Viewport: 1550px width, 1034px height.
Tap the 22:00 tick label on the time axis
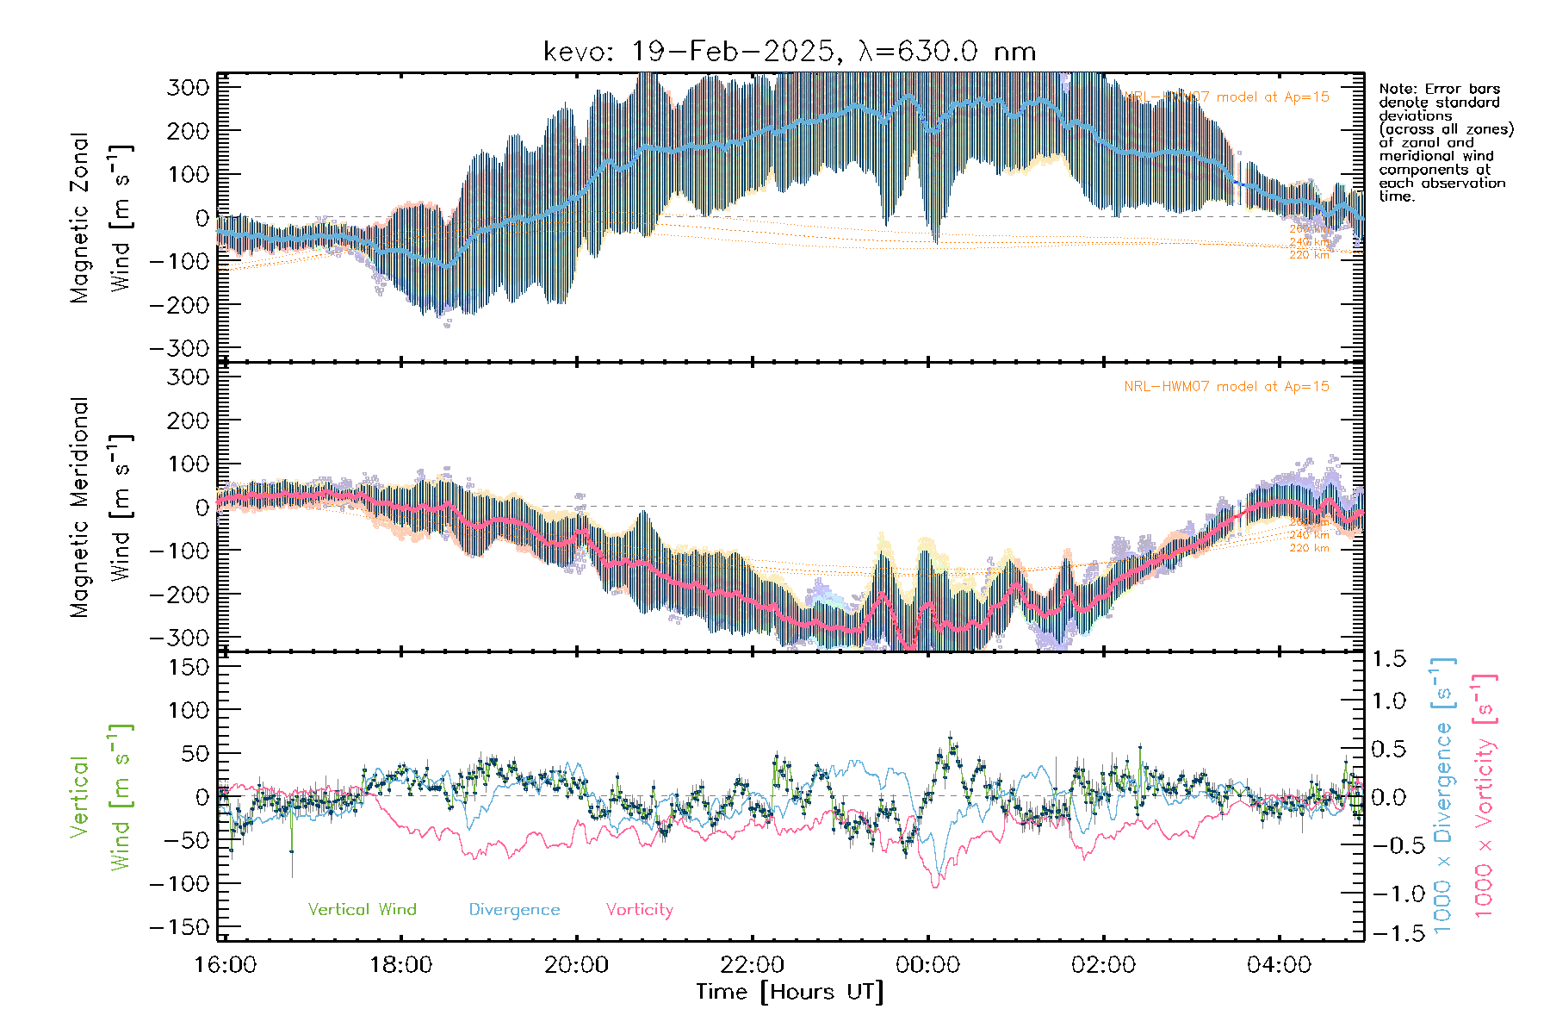753,965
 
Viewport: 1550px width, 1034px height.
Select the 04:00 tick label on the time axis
1279,965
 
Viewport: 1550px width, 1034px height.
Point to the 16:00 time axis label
226,965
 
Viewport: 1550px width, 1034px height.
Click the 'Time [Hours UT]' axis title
790,992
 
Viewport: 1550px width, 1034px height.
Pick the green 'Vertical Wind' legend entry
362,909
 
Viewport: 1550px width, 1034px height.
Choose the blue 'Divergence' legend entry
514,909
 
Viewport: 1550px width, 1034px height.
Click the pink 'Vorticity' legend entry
639,909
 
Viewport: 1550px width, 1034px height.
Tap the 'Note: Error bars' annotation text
1440,89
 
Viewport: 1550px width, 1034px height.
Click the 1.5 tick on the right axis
1388,659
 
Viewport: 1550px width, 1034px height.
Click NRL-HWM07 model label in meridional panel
1226,387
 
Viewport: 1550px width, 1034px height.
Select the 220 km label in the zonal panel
1309,255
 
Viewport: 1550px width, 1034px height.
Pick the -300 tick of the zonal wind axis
179,349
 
